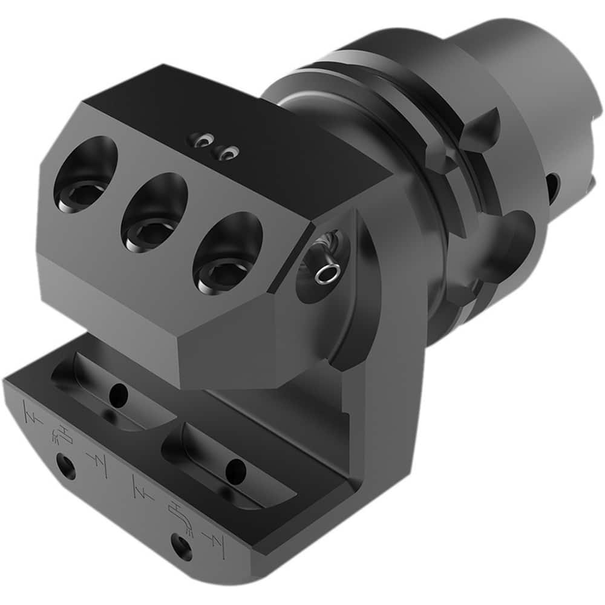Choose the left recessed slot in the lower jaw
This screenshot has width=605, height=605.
[115, 393]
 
